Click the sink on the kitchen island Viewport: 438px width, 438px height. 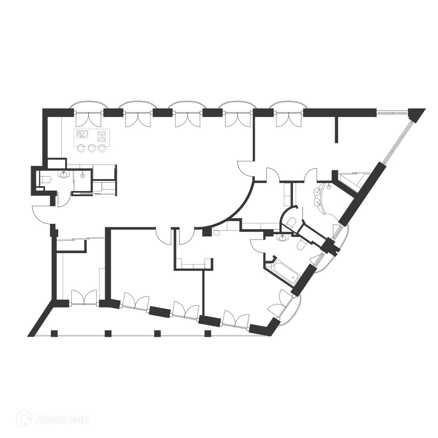click(81, 134)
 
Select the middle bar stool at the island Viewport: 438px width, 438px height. click(92, 148)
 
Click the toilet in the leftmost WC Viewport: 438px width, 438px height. click(45, 179)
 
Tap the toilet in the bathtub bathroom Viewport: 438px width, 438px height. click(302, 245)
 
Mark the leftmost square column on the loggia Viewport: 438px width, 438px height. click(54, 333)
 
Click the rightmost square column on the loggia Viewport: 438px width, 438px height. click(208, 333)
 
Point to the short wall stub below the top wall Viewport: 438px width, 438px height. click(336, 129)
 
